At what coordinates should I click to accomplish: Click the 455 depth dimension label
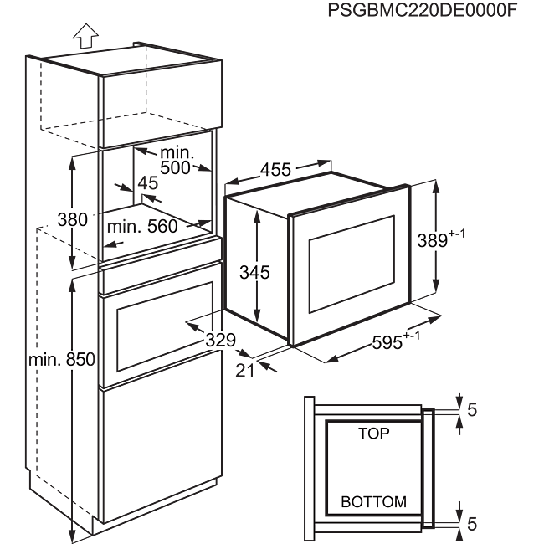point(275,170)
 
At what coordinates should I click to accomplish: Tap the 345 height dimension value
point(254,271)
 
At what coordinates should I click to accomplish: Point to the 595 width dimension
point(388,341)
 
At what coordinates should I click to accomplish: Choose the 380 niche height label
point(72,220)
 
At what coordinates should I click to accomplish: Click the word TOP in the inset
point(373,434)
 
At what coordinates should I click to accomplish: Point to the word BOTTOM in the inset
point(373,502)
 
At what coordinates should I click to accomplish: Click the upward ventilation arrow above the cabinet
point(83,35)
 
